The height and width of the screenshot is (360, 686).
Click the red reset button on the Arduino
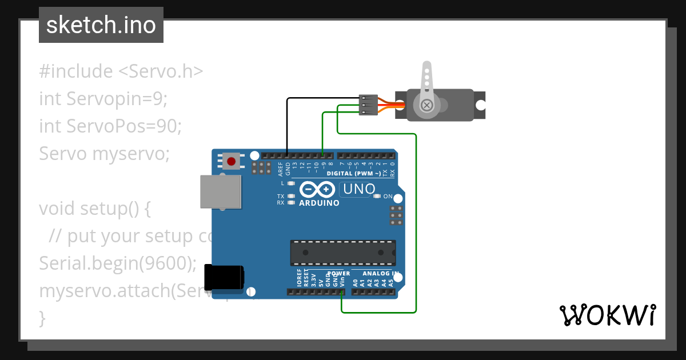231,162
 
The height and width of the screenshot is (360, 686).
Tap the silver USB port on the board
220,191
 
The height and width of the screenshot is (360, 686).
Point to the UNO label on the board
358,189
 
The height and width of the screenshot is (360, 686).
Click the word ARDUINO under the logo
319,203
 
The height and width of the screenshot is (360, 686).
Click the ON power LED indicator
377,197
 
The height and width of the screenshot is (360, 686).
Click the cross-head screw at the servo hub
426,105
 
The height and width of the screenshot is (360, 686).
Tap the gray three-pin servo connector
366,105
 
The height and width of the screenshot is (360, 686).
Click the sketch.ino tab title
101,25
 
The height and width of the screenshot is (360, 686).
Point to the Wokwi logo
607,315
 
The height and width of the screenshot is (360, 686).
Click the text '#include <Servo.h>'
121,71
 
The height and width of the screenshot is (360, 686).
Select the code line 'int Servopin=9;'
103,99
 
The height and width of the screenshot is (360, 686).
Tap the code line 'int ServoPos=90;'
110,126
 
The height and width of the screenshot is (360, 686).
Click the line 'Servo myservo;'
104,154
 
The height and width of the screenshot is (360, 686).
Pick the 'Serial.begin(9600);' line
118,263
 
